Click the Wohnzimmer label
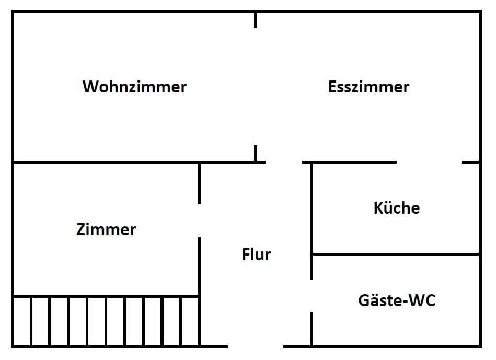click(x=134, y=86)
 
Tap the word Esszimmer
click(x=368, y=86)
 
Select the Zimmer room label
click(x=106, y=229)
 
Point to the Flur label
click(x=256, y=254)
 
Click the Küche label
click(x=397, y=208)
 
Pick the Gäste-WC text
click(x=397, y=300)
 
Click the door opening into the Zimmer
click(x=199, y=220)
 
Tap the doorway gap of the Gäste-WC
click(x=312, y=296)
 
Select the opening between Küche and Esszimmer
click(x=429, y=162)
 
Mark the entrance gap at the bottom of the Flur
click(x=256, y=346)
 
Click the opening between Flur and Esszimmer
click(x=284, y=162)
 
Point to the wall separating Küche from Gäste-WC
click(x=396, y=254)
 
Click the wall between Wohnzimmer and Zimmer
click(x=105, y=162)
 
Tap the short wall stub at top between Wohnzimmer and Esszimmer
click(x=256, y=20)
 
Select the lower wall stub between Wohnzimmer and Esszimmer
click(x=256, y=154)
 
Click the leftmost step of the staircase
click(x=22, y=321)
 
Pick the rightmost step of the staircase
click(x=190, y=321)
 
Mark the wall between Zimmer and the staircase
click(x=105, y=296)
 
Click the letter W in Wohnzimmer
click(x=90, y=86)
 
